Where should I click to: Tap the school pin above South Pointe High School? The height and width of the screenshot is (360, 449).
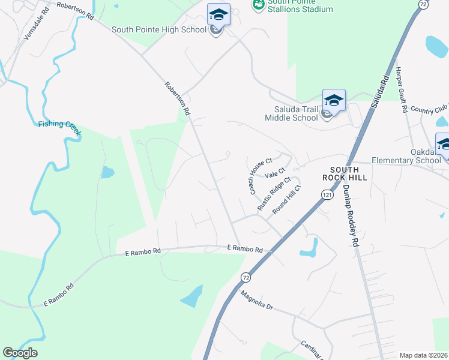(218, 14)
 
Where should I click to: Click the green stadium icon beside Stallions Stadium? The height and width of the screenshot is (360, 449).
(259, 5)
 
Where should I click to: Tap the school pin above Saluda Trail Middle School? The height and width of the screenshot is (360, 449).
(334, 100)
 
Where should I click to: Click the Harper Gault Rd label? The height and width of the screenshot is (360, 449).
(400, 90)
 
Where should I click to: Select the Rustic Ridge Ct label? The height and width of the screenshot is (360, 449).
(274, 193)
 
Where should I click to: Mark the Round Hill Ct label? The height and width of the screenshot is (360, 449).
(286, 200)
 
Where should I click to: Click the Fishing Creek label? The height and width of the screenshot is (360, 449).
(59, 124)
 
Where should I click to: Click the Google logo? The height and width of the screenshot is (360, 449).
(20, 352)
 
